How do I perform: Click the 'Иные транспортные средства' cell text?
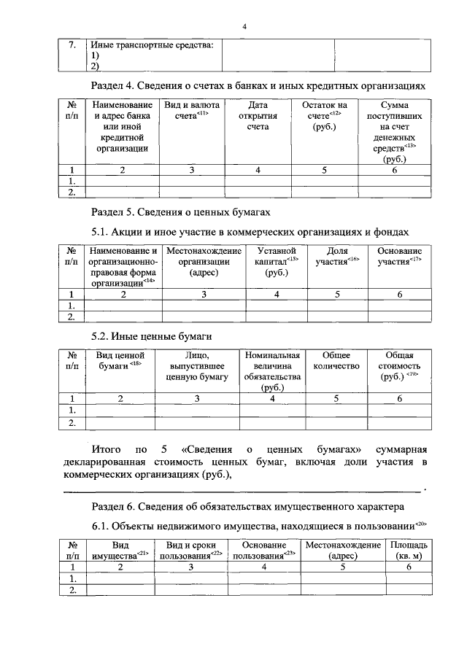[153, 46]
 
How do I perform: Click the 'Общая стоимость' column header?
[399, 365]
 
